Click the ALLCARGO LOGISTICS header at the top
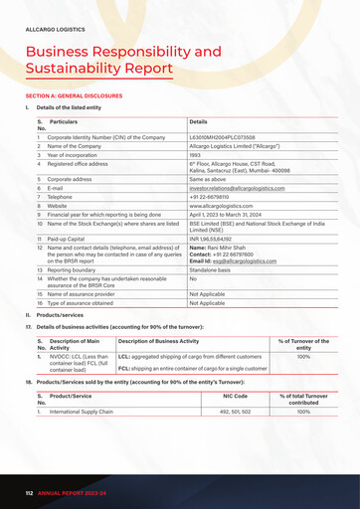pos(56,30)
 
